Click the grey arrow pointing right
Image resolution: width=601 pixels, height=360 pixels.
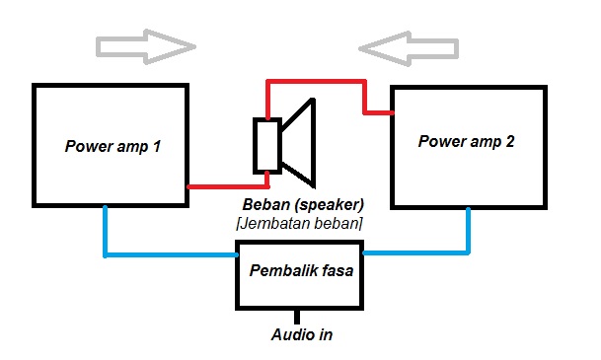(145, 45)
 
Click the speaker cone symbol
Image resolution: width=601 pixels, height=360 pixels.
(299, 144)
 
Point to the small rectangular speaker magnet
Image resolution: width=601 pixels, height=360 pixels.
(266, 145)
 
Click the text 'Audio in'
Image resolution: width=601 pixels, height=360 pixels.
(301, 334)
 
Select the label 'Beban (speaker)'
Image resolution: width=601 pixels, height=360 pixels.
(303, 205)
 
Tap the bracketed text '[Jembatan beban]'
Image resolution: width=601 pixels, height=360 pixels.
(299, 224)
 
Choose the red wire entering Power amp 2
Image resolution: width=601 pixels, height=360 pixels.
(379, 111)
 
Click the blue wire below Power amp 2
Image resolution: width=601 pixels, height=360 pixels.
(467, 237)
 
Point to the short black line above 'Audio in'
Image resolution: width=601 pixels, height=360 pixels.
(300, 316)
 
